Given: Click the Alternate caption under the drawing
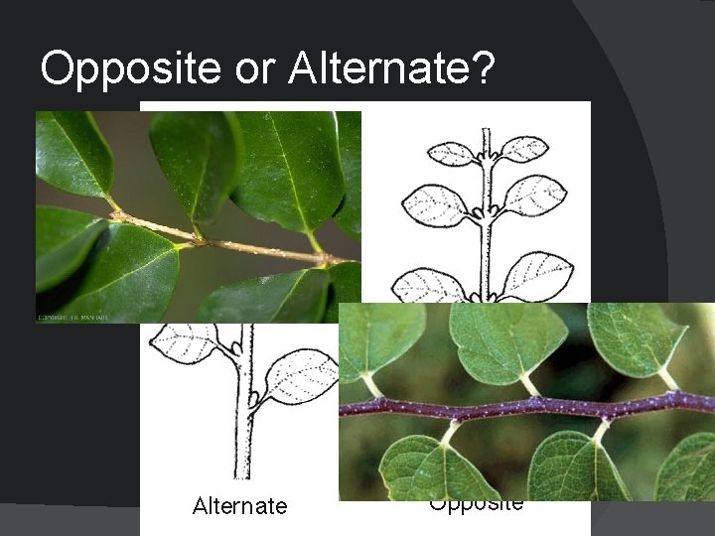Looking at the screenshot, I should click(239, 506).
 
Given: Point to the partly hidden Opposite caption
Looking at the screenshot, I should click(477, 503).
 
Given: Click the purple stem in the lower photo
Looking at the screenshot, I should click(526, 405).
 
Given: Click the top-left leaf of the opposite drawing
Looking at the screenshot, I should click(451, 154).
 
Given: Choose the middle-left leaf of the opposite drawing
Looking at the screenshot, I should click(434, 205).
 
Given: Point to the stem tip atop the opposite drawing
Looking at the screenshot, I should click(486, 133).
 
